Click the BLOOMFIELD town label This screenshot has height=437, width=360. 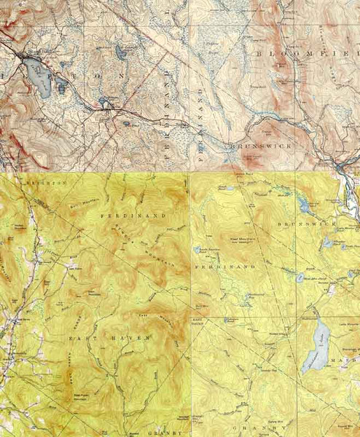coord(307,55)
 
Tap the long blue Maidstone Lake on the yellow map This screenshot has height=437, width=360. coord(316,339)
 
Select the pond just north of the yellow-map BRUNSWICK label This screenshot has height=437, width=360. coord(304,207)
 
